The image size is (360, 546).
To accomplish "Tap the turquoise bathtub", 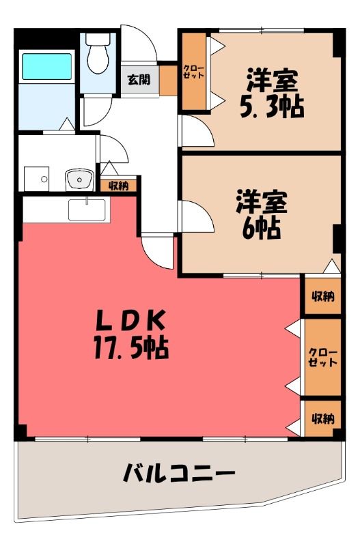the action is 47,66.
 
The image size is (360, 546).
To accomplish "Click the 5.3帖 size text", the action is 272,106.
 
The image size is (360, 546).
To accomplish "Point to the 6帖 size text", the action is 262,227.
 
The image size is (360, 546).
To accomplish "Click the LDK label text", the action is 130,321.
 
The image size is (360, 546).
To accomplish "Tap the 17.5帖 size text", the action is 131,347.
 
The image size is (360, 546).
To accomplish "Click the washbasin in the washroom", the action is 79,179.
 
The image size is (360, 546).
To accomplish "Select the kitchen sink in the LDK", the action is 87,210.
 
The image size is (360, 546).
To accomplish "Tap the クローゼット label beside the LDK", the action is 323,356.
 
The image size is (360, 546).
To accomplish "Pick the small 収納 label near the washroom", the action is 118,186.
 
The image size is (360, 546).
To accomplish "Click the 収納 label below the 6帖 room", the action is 323,296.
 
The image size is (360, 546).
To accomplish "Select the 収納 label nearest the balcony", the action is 323,418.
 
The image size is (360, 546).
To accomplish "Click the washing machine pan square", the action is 37,179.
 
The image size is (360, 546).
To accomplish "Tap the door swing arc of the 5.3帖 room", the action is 204,126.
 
